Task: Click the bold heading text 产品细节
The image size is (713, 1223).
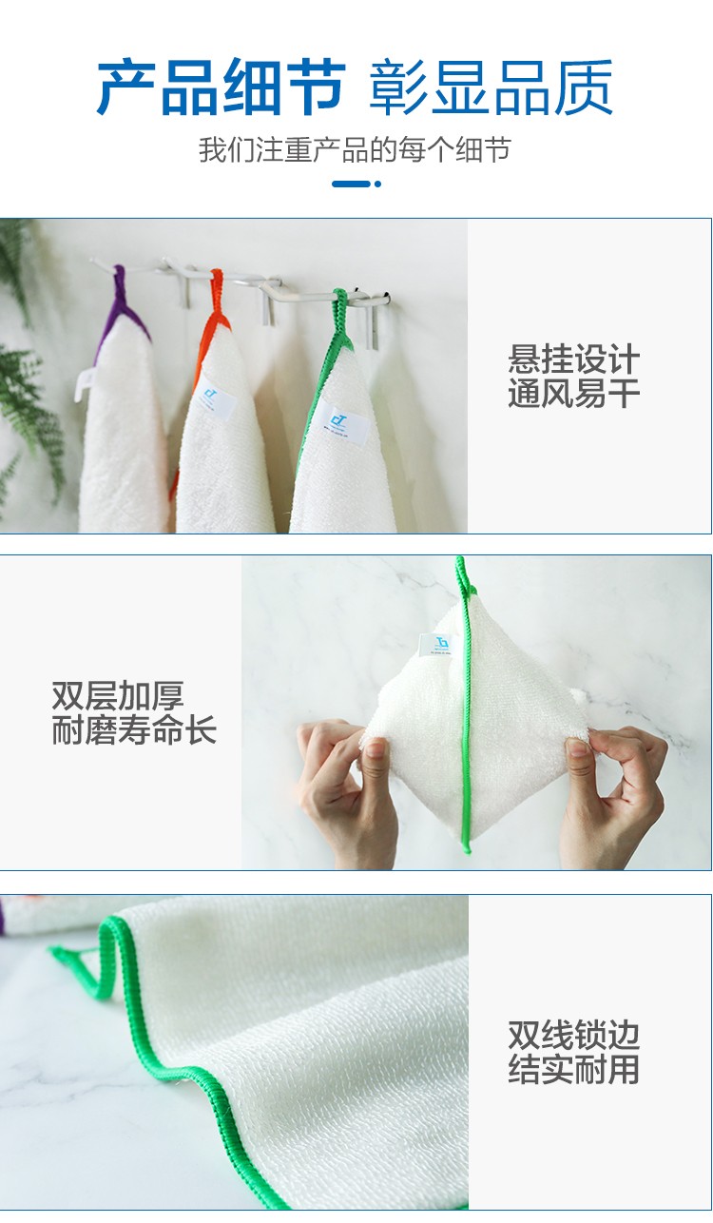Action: point(221,87)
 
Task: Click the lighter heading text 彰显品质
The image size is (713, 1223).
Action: point(491,87)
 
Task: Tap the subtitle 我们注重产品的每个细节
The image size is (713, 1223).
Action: point(355,150)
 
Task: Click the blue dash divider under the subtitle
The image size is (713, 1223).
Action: point(356,184)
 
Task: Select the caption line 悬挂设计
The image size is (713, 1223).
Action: point(573,359)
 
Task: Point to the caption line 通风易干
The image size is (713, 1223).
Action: point(573,393)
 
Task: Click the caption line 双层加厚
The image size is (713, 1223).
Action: point(118,696)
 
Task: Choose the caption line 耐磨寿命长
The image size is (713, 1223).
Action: point(134,729)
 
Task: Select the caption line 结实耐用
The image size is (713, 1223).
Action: point(573,1068)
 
